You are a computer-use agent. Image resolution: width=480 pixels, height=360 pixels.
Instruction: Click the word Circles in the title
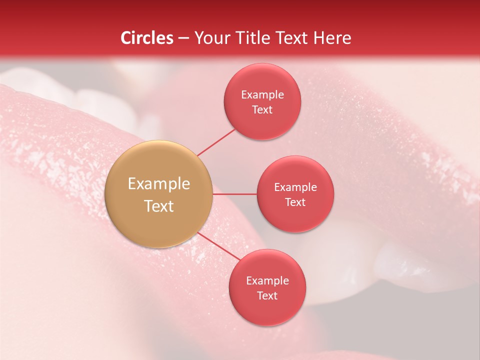click(x=146, y=38)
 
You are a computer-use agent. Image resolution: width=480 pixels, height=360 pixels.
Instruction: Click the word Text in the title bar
click(x=292, y=38)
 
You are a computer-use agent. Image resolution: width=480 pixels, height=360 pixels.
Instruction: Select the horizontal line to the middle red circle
click(x=235, y=194)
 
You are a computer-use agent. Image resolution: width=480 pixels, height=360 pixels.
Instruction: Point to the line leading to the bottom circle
click(x=219, y=246)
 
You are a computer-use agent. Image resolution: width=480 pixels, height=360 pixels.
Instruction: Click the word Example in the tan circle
click(x=159, y=184)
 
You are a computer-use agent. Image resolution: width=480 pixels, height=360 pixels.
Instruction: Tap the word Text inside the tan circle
click(x=159, y=206)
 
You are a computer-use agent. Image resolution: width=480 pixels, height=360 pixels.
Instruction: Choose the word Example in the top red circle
click(x=262, y=95)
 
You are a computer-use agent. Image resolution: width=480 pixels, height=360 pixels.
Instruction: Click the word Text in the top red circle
click(x=262, y=110)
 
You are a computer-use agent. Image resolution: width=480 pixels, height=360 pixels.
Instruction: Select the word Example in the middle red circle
click(x=295, y=187)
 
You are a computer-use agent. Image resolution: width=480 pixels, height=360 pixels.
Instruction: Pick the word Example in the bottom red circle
click(x=267, y=281)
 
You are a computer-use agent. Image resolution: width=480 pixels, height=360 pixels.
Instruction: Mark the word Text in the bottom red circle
click(x=267, y=296)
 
